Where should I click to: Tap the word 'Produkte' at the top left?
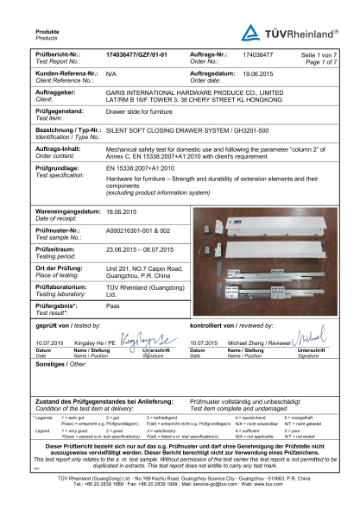pos(23,30)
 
